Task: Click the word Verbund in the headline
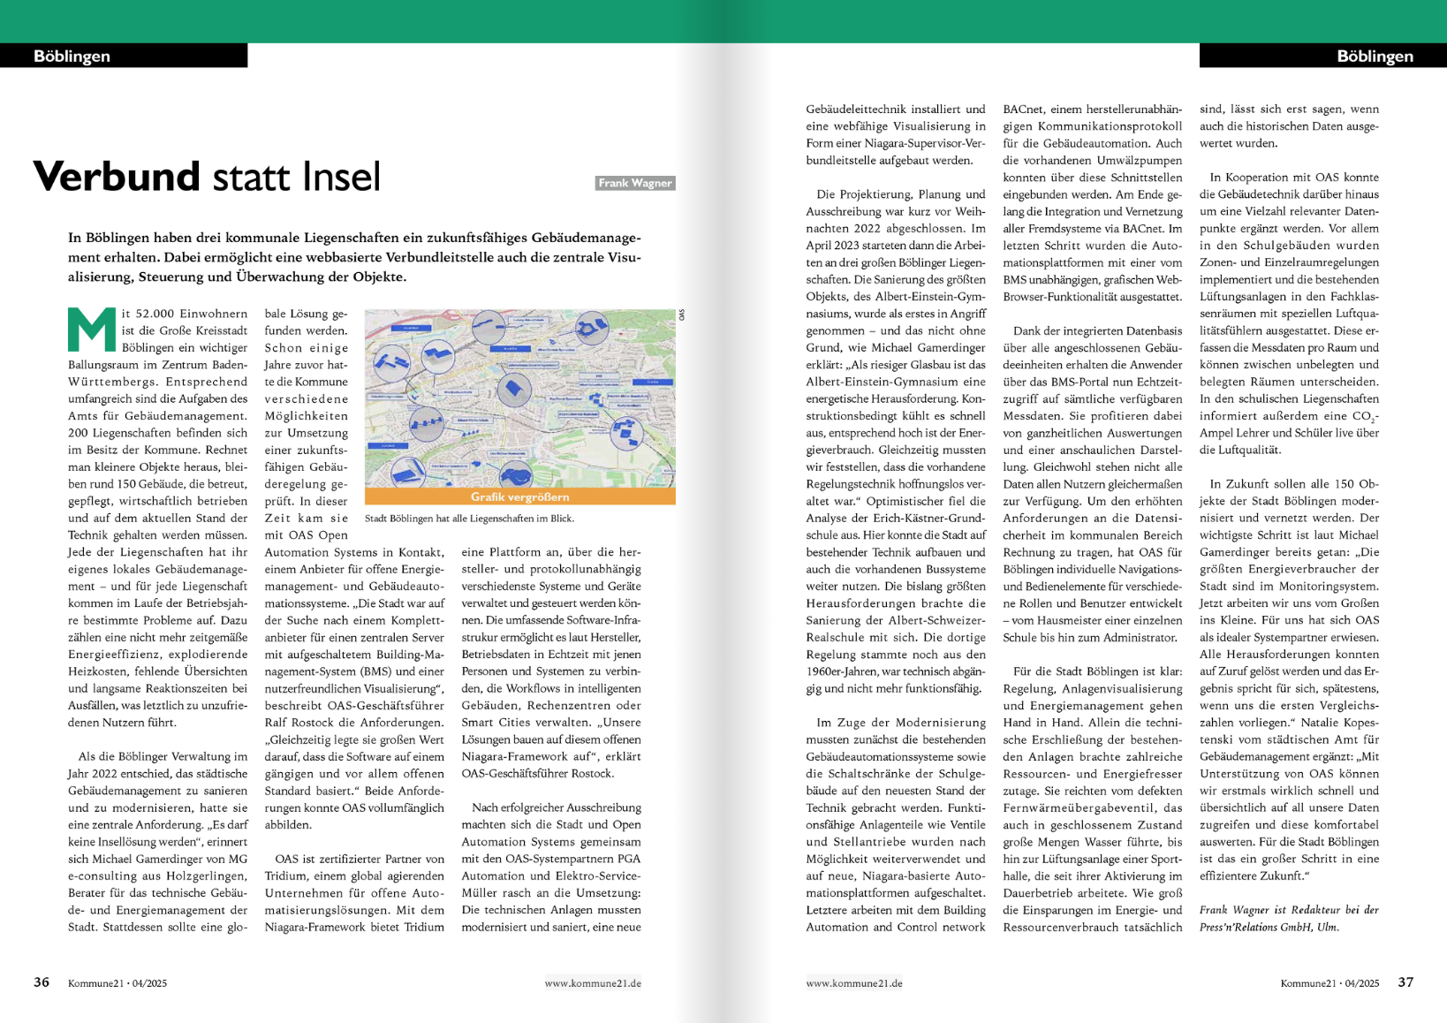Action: [117, 177]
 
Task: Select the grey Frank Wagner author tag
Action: [635, 183]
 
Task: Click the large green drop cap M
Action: [92, 330]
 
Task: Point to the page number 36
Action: [42, 982]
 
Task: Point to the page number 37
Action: [1405, 982]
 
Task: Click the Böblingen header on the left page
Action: [72, 57]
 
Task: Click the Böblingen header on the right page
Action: [1375, 57]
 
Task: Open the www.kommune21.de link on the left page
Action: [593, 983]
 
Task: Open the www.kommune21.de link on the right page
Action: [854, 983]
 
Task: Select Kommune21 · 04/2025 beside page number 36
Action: [117, 983]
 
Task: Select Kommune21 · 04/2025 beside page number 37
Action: [1330, 983]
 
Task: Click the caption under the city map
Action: [469, 519]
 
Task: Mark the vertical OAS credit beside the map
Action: [682, 314]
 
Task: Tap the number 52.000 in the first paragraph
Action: [154, 314]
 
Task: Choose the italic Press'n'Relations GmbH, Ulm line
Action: [1269, 927]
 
